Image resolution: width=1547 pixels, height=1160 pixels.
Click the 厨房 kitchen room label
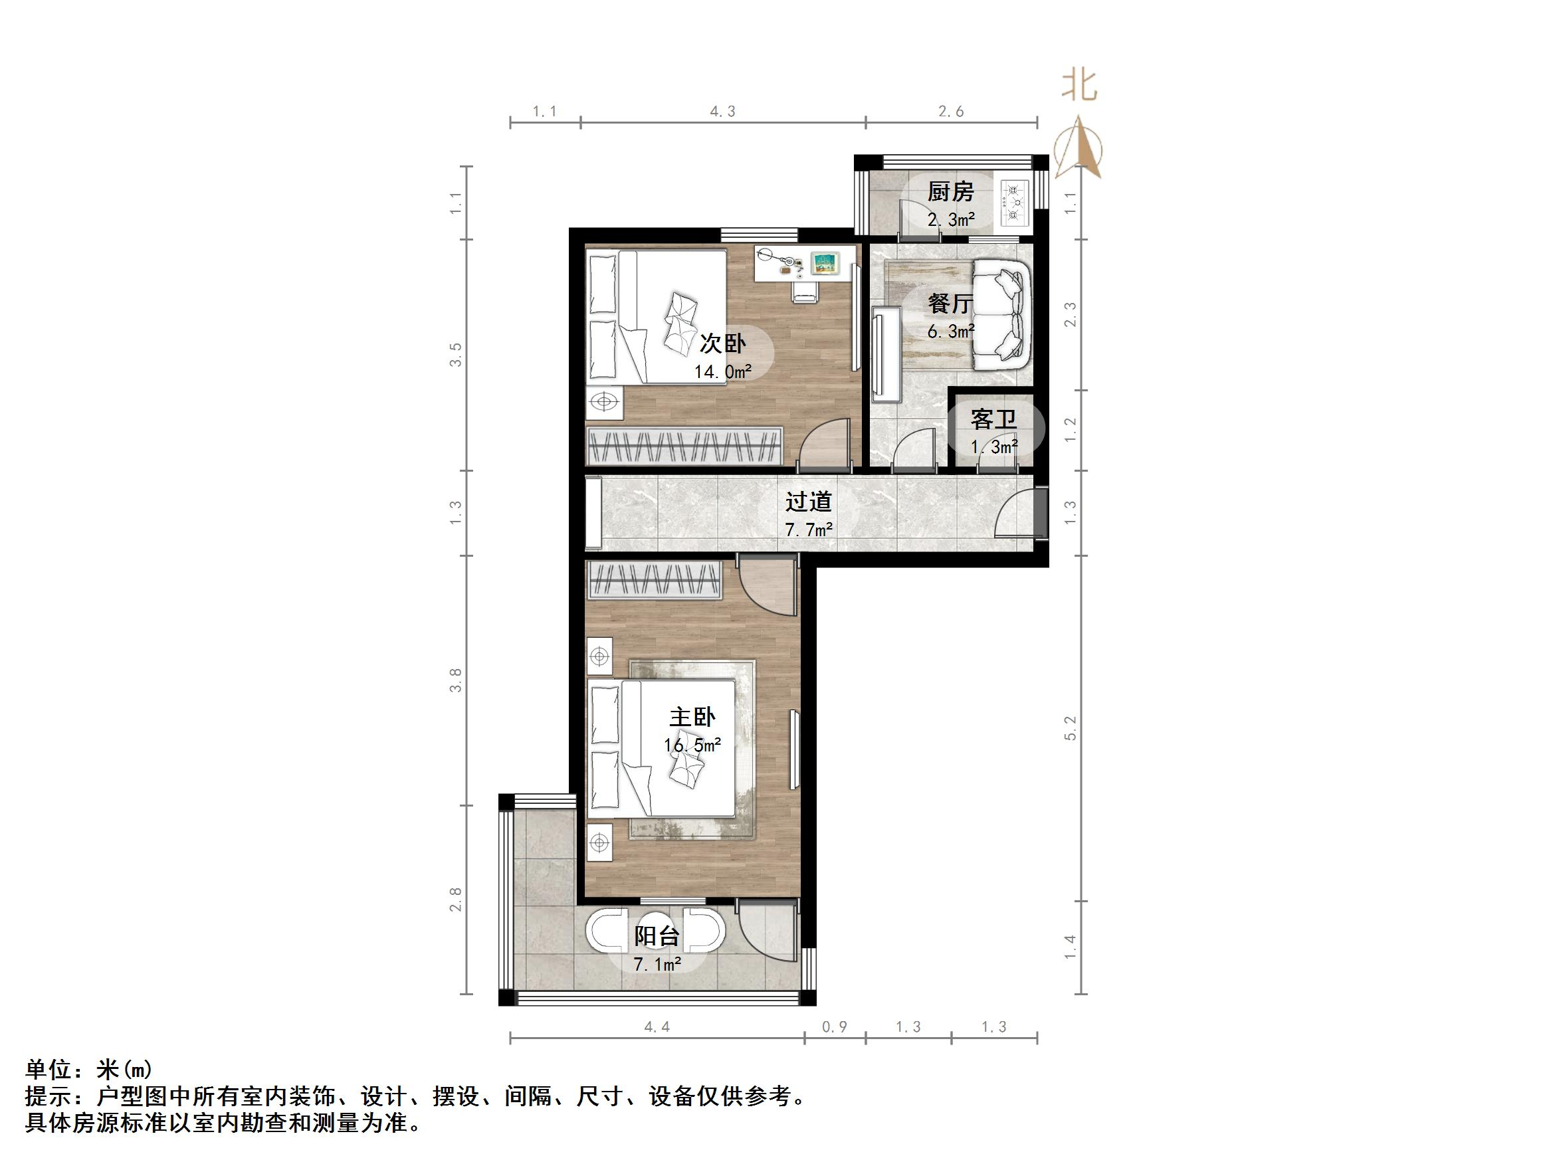pyautogui.click(x=950, y=191)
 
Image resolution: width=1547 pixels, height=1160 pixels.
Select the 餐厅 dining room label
pyautogui.click(x=950, y=304)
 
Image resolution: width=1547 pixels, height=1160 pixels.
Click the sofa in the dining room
pyautogui.click(x=1001, y=315)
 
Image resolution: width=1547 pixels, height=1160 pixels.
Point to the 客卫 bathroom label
pyautogui.click(x=993, y=419)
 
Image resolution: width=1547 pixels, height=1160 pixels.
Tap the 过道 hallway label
pyautogui.click(x=808, y=502)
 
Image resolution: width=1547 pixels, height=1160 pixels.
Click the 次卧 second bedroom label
pyautogui.click(x=722, y=343)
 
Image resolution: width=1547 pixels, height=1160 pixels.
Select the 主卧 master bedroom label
pyautogui.click(x=692, y=718)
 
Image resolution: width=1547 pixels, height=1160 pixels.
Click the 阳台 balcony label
pyautogui.click(x=657, y=936)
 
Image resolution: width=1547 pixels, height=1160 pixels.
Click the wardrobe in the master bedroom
pyautogui.click(x=655, y=581)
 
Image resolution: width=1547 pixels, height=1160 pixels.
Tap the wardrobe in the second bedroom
pyautogui.click(x=684, y=445)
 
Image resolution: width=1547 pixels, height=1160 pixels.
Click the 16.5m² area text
pyautogui.click(x=692, y=745)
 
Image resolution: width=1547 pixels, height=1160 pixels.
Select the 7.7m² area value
pyautogui.click(x=808, y=530)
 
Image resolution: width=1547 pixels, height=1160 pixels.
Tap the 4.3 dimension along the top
pyautogui.click(x=722, y=111)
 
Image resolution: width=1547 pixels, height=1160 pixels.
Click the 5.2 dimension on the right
pyautogui.click(x=1071, y=728)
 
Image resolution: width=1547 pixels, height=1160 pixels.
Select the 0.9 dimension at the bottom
pyautogui.click(x=834, y=1026)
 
